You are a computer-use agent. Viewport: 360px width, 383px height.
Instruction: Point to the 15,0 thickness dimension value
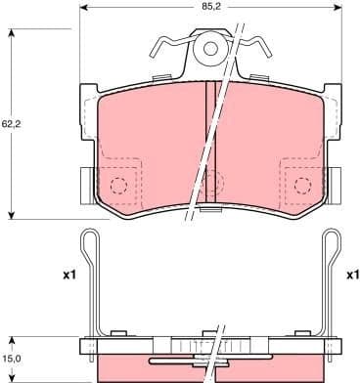point(11,358)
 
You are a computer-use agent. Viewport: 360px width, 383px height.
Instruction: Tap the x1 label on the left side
point(68,276)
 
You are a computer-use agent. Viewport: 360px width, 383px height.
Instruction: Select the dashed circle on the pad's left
point(118,187)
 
